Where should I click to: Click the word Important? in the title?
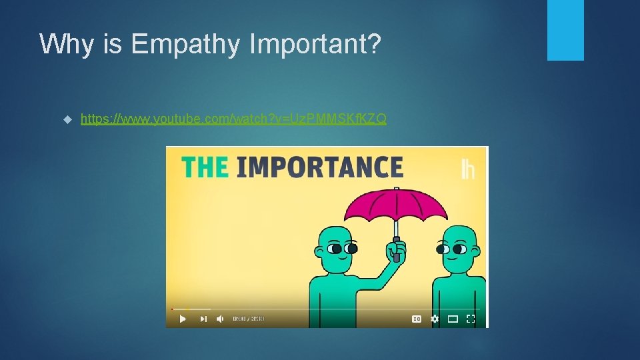(315, 45)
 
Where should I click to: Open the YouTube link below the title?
(233, 119)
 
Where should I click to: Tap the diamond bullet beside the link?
(67, 120)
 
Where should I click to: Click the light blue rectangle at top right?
(565, 30)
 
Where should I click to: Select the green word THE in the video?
(205, 167)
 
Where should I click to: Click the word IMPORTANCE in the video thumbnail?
(320, 167)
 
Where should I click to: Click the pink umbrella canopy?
(395, 208)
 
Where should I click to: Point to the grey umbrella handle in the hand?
(396, 248)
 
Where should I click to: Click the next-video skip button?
(203, 319)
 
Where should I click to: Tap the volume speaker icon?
(220, 319)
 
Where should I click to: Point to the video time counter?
(248, 319)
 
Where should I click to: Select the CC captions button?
(417, 319)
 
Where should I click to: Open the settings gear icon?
(435, 319)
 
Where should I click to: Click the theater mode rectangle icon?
(453, 319)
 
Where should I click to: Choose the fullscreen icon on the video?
(471, 319)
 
